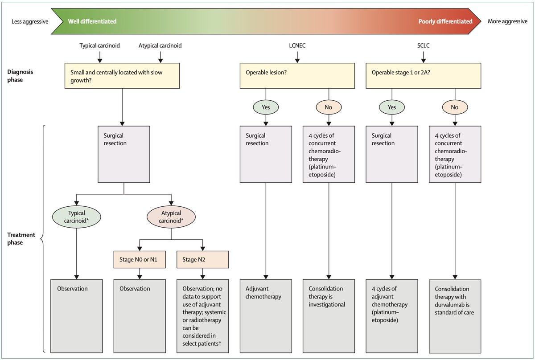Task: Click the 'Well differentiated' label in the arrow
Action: coord(92,21)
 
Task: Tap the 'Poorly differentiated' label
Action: coord(445,21)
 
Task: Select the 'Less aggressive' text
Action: coord(30,22)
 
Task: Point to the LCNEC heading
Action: coord(297,45)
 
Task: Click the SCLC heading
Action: coord(423,45)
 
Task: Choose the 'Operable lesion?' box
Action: coord(297,76)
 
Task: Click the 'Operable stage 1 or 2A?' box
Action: coord(423,76)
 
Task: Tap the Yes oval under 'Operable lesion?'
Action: coord(266,107)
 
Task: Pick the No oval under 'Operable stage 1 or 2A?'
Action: coord(455,107)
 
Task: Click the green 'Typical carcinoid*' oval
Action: coord(76,217)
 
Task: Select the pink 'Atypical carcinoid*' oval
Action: coord(171,217)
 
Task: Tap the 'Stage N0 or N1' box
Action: coord(140,259)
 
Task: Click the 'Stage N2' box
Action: coord(202,259)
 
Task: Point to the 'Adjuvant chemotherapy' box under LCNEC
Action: coord(266,316)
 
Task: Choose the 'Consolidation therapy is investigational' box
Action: coord(329,316)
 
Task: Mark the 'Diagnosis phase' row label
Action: coord(20,76)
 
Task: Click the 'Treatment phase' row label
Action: coord(21,238)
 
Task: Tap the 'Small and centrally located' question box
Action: coord(122,76)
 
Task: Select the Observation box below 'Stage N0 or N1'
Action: coord(140,316)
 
